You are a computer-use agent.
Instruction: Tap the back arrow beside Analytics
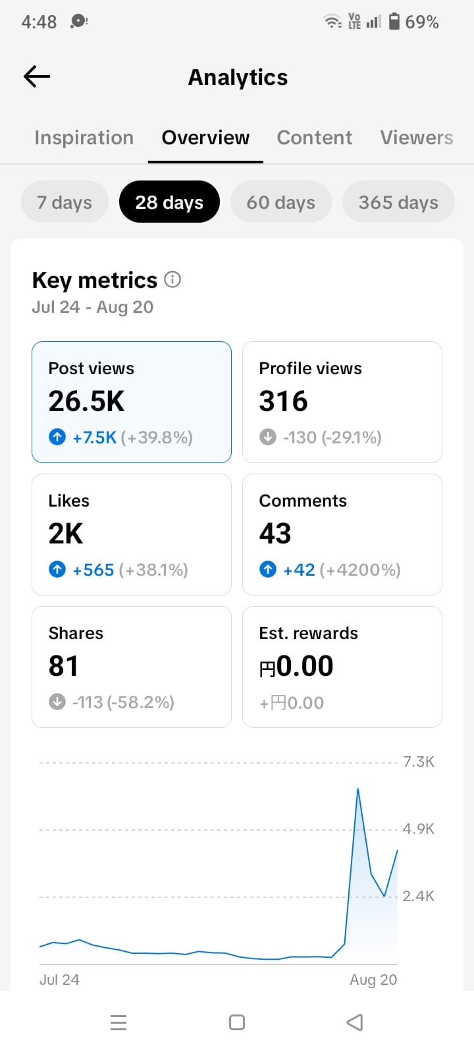(37, 76)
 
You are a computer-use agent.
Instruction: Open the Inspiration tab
(84, 138)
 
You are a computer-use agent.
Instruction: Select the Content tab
(314, 138)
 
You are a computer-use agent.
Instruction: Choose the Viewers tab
(417, 138)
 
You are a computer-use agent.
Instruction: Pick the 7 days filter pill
(65, 202)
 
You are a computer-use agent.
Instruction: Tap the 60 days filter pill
(280, 202)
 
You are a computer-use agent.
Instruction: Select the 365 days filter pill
(398, 202)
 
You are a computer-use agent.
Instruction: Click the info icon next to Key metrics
(172, 279)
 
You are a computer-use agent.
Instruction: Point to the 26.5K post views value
(86, 401)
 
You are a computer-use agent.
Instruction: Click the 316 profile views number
(283, 401)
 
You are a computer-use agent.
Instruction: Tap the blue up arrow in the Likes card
(57, 570)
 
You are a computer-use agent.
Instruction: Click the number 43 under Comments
(275, 534)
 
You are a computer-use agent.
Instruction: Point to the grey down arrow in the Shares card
(57, 702)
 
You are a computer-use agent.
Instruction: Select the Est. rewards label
(309, 633)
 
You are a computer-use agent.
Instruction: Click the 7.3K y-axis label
(419, 762)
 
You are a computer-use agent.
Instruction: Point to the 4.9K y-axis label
(419, 829)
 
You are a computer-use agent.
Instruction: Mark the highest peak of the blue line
(358, 789)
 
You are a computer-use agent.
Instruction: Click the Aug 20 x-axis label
(373, 980)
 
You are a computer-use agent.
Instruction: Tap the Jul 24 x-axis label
(59, 980)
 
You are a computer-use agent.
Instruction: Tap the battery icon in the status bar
(394, 21)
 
